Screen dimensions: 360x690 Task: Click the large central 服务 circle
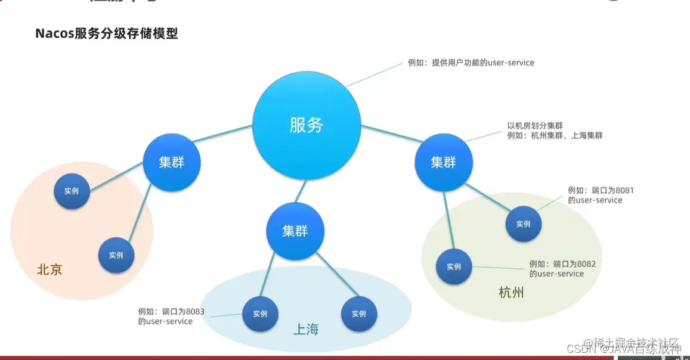(x=307, y=125)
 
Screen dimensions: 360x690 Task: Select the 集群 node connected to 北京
(x=172, y=162)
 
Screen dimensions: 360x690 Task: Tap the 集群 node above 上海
(x=295, y=230)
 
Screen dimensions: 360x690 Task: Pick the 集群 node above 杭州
(x=443, y=162)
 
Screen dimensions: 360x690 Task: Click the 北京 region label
(x=49, y=269)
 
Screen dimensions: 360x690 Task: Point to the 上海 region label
(x=306, y=329)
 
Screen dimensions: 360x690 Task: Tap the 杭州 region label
(x=511, y=292)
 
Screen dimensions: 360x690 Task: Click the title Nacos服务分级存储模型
(x=107, y=33)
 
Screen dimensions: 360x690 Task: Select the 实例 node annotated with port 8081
(x=523, y=224)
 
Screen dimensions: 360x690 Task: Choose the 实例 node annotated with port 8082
(x=454, y=266)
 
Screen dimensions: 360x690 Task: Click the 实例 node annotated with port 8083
(x=260, y=314)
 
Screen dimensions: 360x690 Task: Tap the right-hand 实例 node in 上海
(x=359, y=314)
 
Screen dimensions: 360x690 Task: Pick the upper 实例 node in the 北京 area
(x=72, y=191)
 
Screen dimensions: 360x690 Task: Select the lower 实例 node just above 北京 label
(x=116, y=255)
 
